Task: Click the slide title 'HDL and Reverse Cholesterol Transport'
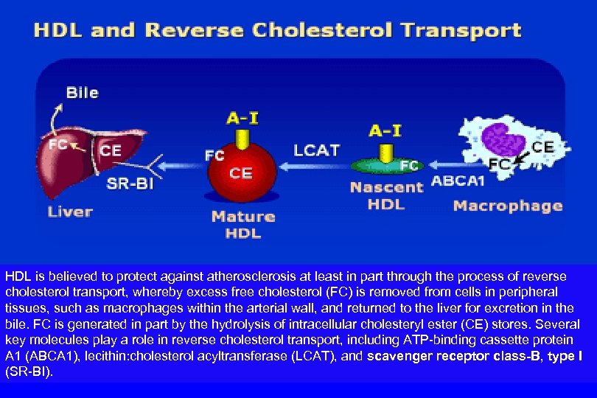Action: (277, 31)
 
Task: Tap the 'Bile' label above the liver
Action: (82, 93)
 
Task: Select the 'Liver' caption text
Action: (71, 212)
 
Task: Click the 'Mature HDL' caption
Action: (243, 225)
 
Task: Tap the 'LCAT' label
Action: (317, 150)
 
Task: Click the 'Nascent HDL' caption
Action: (386, 195)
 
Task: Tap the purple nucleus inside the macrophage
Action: (505, 139)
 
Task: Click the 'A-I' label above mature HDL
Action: (240, 116)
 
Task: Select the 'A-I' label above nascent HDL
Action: (385, 130)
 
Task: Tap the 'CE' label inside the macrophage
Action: (542, 147)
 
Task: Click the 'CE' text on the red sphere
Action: (241, 174)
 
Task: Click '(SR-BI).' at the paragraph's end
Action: (29, 373)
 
